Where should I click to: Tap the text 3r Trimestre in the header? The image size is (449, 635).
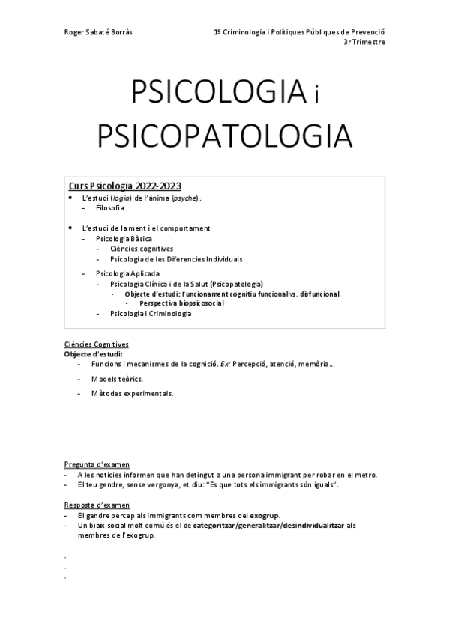point(364,43)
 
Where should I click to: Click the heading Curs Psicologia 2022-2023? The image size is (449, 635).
point(125,186)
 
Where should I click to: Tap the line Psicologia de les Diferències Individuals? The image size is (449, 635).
point(176,259)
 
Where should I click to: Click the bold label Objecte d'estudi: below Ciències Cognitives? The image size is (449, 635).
point(93,353)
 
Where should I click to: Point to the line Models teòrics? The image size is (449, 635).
point(117,379)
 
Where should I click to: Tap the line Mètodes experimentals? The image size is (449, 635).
point(132,393)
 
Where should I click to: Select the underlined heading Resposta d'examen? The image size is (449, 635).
point(97,505)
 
